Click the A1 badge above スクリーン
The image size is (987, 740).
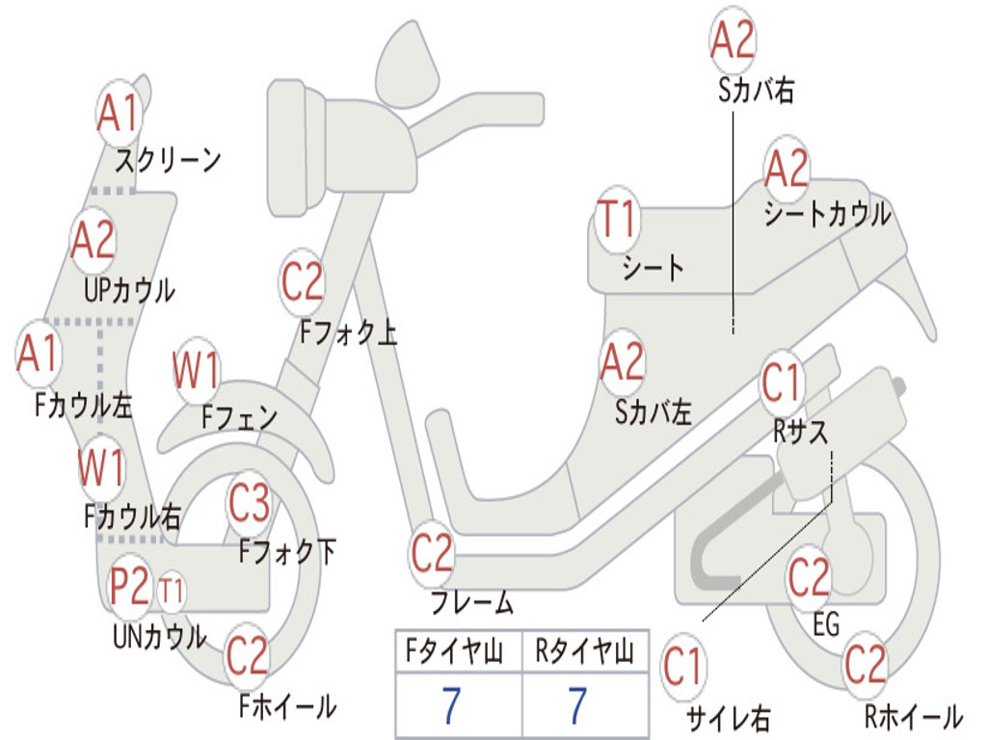(x=119, y=114)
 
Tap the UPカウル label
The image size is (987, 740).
(x=129, y=291)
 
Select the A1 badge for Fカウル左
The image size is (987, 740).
(x=39, y=353)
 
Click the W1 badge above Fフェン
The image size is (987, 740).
(x=197, y=370)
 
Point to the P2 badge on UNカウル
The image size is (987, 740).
(x=130, y=586)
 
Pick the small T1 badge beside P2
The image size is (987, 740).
(x=171, y=592)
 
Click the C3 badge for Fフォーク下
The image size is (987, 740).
(x=250, y=503)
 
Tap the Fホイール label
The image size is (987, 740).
(x=287, y=706)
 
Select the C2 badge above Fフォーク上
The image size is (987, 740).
(x=302, y=282)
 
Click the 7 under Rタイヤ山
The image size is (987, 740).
(x=577, y=705)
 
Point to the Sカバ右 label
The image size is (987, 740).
(x=756, y=91)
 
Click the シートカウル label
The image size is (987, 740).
(x=827, y=214)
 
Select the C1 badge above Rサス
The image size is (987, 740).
(x=781, y=383)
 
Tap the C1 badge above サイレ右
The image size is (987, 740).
(x=682, y=667)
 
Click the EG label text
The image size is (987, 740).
(x=826, y=624)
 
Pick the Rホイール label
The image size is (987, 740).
(x=914, y=716)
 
